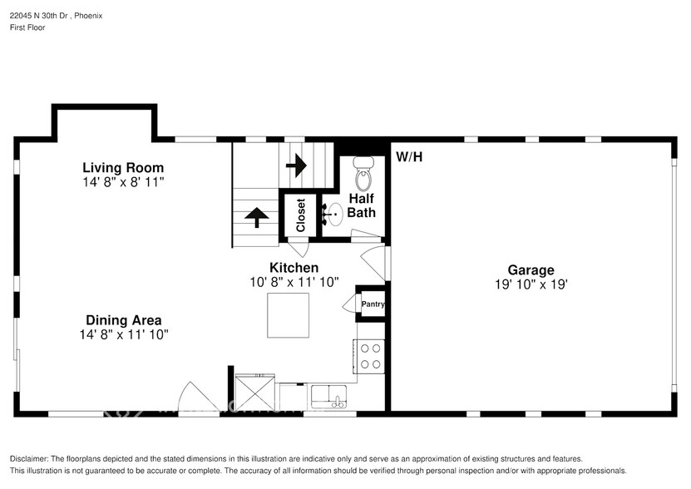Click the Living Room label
(123, 168)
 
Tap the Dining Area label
(123, 320)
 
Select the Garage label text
(531, 270)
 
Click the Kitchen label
(294, 268)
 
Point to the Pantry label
(373, 304)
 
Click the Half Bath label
(362, 205)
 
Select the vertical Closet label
(301, 215)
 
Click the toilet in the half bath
(363, 175)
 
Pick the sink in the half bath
(333, 215)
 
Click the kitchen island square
(289, 315)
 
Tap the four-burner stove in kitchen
(371, 357)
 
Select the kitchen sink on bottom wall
(329, 396)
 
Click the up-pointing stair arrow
(256, 218)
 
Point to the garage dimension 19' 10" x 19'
(531, 284)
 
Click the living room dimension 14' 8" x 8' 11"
(123, 182)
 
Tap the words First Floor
(28, 27)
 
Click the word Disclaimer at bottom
(29, 459)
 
